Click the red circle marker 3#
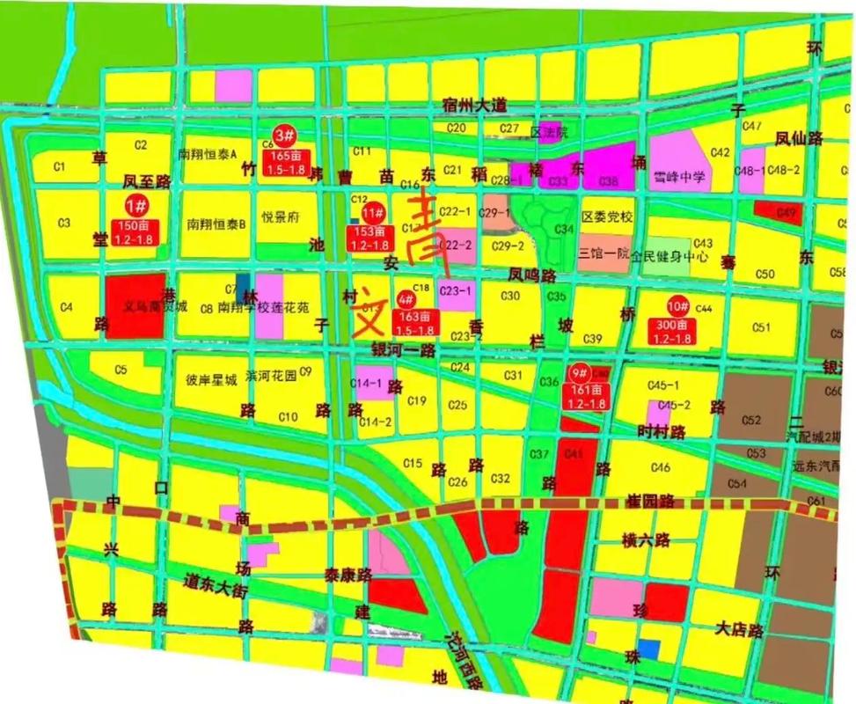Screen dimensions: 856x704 pyautogui.click(x=284, y=136)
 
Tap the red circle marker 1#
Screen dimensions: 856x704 pyautogui.click(x=136, y=206)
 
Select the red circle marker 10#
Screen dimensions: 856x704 pyautogui.click(x=677, y=307)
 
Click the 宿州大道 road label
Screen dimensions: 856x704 pyautogui.click(x=475, y=106)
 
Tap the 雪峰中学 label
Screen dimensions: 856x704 pyautogui.click(x=681, y=177)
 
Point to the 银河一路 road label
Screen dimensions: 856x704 pyautogui.click(x=404, y=350)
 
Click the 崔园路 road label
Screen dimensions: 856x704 pyautogui.click(x=649, y=501)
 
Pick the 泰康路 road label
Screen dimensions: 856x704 pyautogui.click(x=348, y=576)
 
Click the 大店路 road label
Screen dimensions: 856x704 pyautogui.click(x=738, y=630)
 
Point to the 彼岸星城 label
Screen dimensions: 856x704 pyautogui.click(x=211, y=381)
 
